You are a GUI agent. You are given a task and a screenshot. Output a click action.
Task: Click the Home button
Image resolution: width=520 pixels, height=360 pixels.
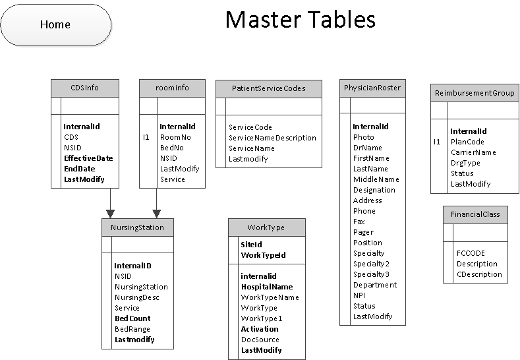point(55,25)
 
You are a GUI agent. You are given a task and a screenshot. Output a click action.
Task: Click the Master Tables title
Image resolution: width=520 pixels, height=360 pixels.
point(300,20)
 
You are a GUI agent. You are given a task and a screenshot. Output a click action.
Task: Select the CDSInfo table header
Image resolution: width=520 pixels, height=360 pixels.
point(85,88)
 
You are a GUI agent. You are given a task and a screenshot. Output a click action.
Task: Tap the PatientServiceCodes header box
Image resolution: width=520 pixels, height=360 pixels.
point(269,88)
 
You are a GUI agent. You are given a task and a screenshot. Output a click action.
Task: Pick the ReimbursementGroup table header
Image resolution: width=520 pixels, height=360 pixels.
point(474,93)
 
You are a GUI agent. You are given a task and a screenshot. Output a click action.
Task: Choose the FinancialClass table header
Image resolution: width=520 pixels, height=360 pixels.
point(475,214)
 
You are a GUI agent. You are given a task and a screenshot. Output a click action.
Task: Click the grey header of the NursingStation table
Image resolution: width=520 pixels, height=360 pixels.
point(138,227)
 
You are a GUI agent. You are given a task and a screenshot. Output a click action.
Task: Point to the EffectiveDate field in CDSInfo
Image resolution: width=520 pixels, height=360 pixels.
point(88,158)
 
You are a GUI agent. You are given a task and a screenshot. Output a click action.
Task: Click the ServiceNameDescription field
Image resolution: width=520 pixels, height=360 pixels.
point(272,138)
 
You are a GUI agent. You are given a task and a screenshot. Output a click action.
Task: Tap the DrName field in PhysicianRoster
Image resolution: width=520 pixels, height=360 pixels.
point(367,148)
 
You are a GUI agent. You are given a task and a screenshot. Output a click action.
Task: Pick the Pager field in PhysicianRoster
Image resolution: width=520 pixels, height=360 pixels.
point(363,232)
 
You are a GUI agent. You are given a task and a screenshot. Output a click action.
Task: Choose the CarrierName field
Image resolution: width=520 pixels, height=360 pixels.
point(473,152)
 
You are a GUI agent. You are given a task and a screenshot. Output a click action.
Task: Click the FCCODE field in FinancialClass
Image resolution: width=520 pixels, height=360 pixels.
point(471,253)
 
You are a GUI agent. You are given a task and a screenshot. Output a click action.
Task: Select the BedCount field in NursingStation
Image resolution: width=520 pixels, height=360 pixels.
point(132,318)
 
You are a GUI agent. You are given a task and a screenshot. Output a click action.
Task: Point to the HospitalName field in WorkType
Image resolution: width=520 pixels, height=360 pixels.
point(266,287)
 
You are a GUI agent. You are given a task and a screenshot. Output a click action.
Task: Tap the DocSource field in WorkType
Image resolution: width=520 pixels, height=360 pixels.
point(260,340)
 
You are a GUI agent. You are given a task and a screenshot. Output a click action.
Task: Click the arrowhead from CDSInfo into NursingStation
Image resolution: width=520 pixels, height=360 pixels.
point(110,214)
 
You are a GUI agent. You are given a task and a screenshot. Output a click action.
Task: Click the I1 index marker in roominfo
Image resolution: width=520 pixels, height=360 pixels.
point(146,137)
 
